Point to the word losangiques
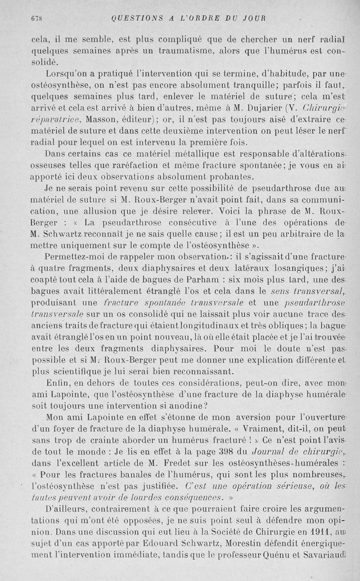tap(249, 268)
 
